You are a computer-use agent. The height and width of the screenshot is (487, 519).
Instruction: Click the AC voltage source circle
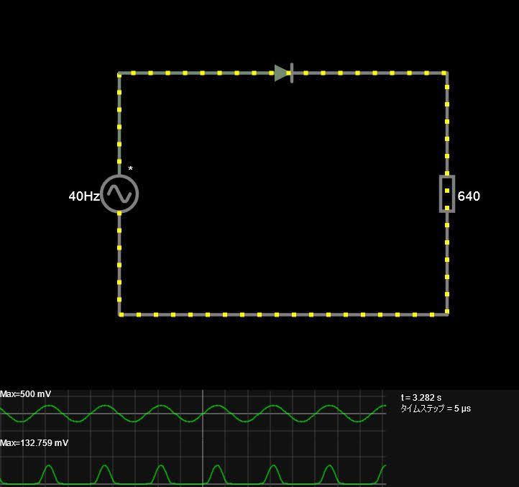click(119, 194)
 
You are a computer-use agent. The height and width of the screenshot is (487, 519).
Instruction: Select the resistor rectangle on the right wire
click(447, 194)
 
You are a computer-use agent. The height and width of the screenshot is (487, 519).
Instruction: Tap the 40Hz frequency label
click(83, 196)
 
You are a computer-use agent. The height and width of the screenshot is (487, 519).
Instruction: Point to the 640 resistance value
click(469, 196)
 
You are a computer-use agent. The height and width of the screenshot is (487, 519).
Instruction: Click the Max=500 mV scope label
click(25, 394)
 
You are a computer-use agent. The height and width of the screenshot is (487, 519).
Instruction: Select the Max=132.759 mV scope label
click(34, 443)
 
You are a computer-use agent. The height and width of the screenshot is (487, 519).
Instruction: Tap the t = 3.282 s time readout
click(421, 397)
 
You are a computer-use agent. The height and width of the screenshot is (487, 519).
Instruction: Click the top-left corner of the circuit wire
click(119, 73)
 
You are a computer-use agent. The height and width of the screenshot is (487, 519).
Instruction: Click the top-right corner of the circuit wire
click(446, 73)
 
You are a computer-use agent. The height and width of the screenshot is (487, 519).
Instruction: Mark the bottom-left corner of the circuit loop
click(119, 314)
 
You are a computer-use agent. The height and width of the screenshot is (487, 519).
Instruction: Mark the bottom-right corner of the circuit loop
click(446, 314)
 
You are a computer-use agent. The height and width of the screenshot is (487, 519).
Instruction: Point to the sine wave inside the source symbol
click(119, 194)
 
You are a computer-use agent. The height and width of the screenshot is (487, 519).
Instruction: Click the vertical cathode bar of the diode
click(292, 73)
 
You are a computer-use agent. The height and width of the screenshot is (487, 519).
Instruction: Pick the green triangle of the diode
click(282, 73)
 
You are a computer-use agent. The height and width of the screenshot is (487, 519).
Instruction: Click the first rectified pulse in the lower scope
click(49, 475)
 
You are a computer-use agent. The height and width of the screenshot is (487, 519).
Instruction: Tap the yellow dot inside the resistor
click(447, 191)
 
